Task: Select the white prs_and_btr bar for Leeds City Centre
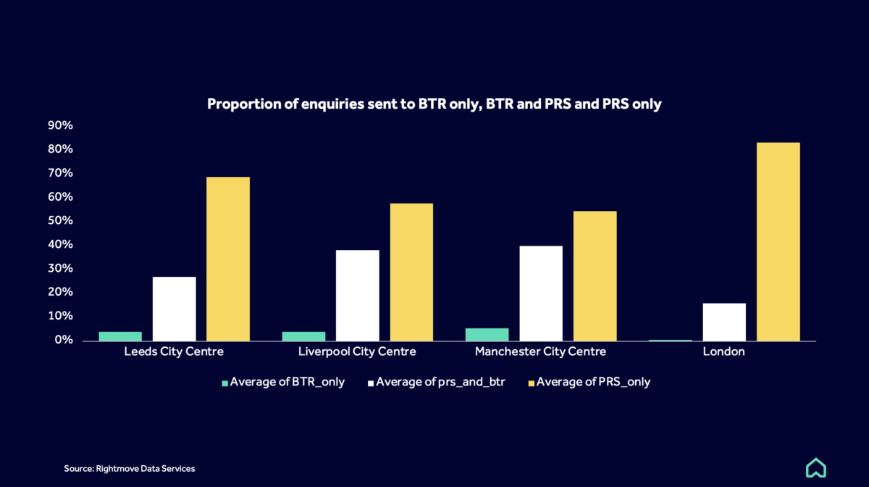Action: (174, 309)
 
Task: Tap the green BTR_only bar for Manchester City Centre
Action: (487, 334)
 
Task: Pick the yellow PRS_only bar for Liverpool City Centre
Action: (411, 272)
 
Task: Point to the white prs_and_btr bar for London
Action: (724, 322)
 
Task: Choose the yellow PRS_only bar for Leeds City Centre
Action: (228, 259)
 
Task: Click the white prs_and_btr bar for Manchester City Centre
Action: (541, 294)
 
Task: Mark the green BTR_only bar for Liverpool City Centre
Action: (303, 336)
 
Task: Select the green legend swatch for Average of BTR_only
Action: (224, 383)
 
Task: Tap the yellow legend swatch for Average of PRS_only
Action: (531, 383)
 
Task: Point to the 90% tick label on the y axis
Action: (61, 125)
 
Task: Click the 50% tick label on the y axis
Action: (61, 220)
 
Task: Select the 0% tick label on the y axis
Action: (64, 340)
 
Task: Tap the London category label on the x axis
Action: (724, 352)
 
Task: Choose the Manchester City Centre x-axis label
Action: (540, 352)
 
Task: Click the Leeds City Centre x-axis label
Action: (174, 352)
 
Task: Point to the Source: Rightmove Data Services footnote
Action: (130, 469)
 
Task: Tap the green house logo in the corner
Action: (816, 467)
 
